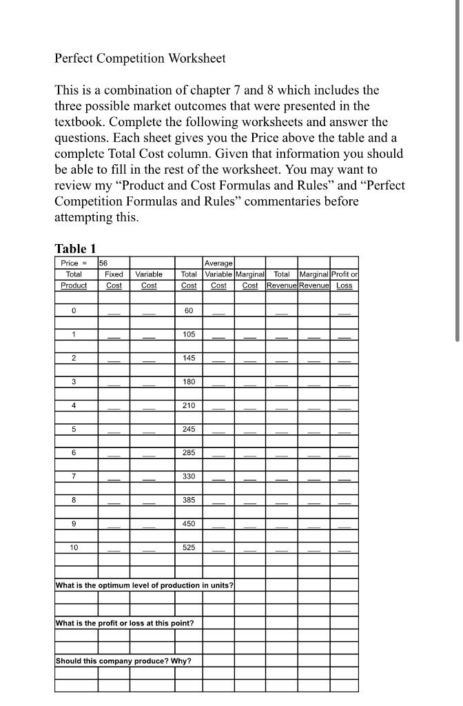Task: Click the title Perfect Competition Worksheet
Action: coord(140,59)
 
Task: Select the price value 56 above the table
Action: coord(104,263)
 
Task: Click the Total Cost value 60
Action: coord(189,311)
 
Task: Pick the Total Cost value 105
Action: coord(189,334)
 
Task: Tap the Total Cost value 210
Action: coord(189,405)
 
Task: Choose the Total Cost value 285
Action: coord(189,453)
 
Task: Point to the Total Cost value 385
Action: coord(189,500)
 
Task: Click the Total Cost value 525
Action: coord(189,547)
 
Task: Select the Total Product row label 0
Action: coord(74,311)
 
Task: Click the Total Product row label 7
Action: coord(74,476)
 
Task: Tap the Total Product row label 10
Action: coord(74,547)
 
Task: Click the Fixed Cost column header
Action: coord(114,279)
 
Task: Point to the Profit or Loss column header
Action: coord(344,279)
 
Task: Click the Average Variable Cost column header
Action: coord(218,274)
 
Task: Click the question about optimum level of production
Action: coord(144,585)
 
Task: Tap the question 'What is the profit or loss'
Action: coord(125,623)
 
